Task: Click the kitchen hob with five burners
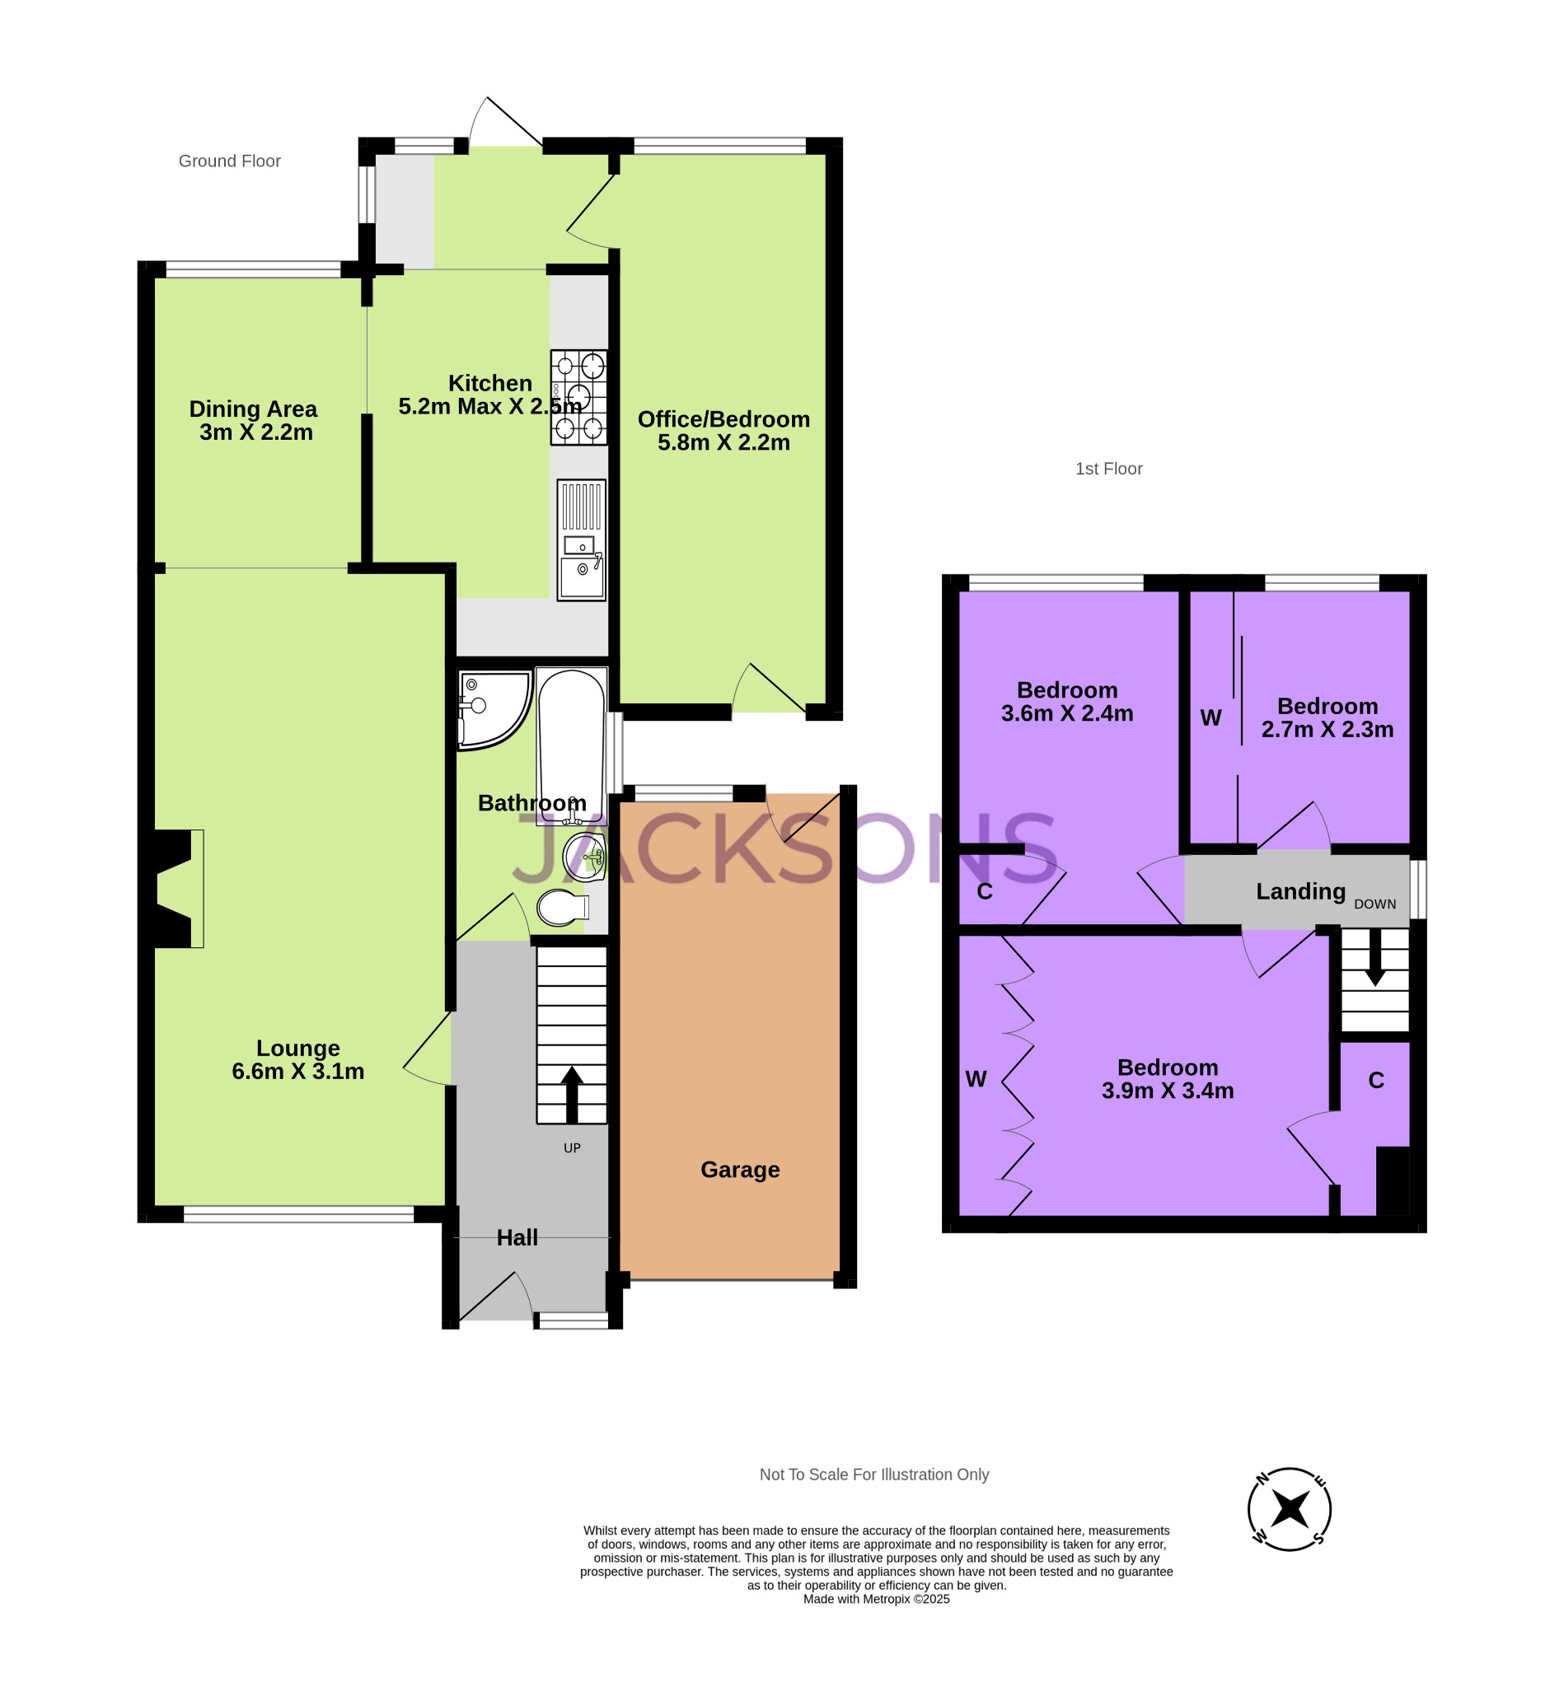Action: (x=579, y=397)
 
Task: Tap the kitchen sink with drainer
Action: (x=581, y=540)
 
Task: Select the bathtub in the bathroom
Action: (x=571, y=745)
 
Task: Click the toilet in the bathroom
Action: (x=563, y=908)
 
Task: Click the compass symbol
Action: (x=1289, y=1508)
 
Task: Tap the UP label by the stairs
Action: (x=572, y=1148)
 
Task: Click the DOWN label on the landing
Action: (x=1374, y=904)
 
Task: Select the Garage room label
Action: (x=740, y=1169)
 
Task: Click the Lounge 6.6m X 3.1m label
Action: (x=298, y=1059)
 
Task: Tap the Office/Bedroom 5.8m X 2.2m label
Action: (x=723, y=431)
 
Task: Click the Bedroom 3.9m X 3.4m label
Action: (x=1167, y=1079)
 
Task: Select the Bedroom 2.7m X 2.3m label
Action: (x=1327, y=717)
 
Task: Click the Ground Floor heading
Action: (x=229, y=161)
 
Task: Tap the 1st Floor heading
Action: (x=1107, y=469)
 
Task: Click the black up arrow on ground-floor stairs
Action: (x=572, y=1093)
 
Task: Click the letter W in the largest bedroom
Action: (x=976, y=1079)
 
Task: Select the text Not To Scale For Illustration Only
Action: (x=873, y=1474)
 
